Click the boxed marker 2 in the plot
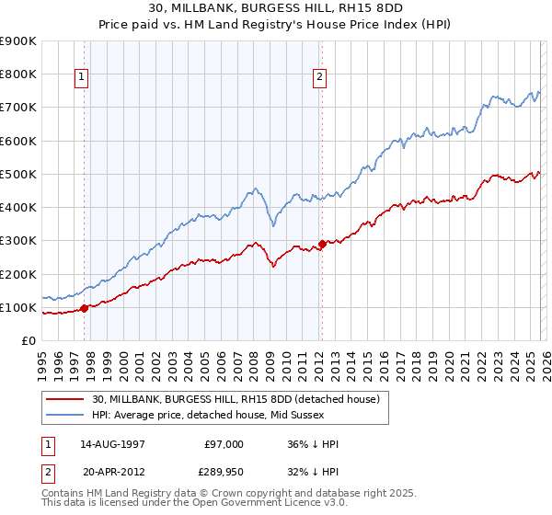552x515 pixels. click(319, 78)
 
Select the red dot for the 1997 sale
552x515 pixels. click(84, 308)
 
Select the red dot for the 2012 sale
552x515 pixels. click(322, 244)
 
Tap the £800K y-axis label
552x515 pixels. click(18, 74)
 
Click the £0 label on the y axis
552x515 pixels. click(27, 341)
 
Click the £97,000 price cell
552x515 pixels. click(224, 444)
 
